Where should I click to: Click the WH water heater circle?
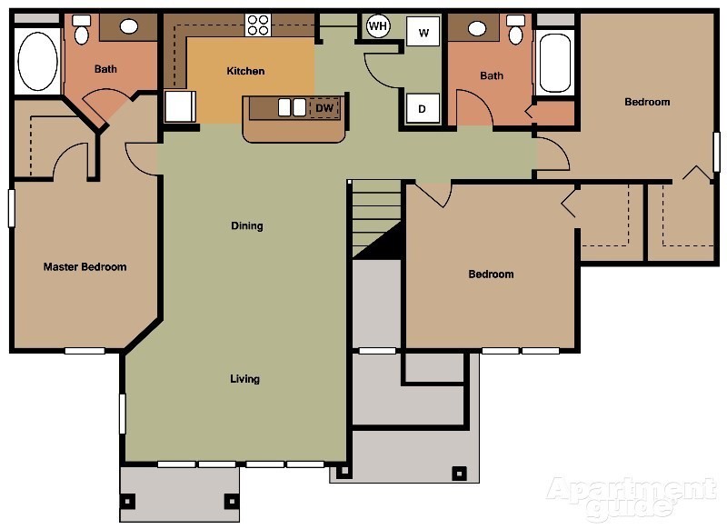(378, 26)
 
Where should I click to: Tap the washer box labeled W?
(423, 32)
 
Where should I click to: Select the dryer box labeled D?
(423, 108)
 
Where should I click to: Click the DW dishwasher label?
(324, 108)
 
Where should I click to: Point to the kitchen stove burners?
(258, 25)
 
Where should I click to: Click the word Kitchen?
(245, 71)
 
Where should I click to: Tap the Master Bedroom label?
(85, 267)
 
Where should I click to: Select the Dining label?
(246, 226)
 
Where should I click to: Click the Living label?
(244, 379)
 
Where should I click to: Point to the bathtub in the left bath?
(37, 61)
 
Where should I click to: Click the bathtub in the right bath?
(556, 62)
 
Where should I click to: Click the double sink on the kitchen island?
(291, 107)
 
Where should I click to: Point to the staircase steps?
(376, 214)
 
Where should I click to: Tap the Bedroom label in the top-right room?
(647, 102)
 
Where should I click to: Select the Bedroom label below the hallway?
(491, 274)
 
